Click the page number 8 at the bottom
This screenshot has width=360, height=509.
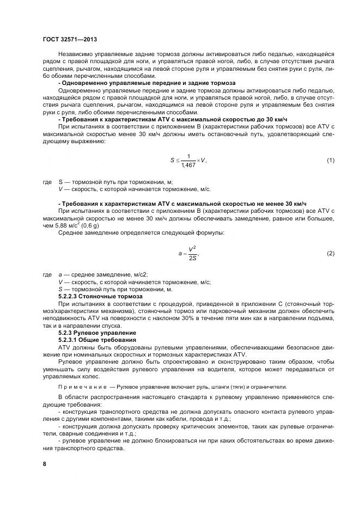click(x=45, y=464)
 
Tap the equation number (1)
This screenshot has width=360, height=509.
click(x=330, y=160)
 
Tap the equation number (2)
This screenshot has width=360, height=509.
click(x=330, y=254)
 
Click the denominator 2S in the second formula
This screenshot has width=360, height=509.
click(x=192, y=259)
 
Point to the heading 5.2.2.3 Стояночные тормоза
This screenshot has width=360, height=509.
click(x=100, y=296)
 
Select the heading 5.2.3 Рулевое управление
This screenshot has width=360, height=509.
click(x=97, y=332)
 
